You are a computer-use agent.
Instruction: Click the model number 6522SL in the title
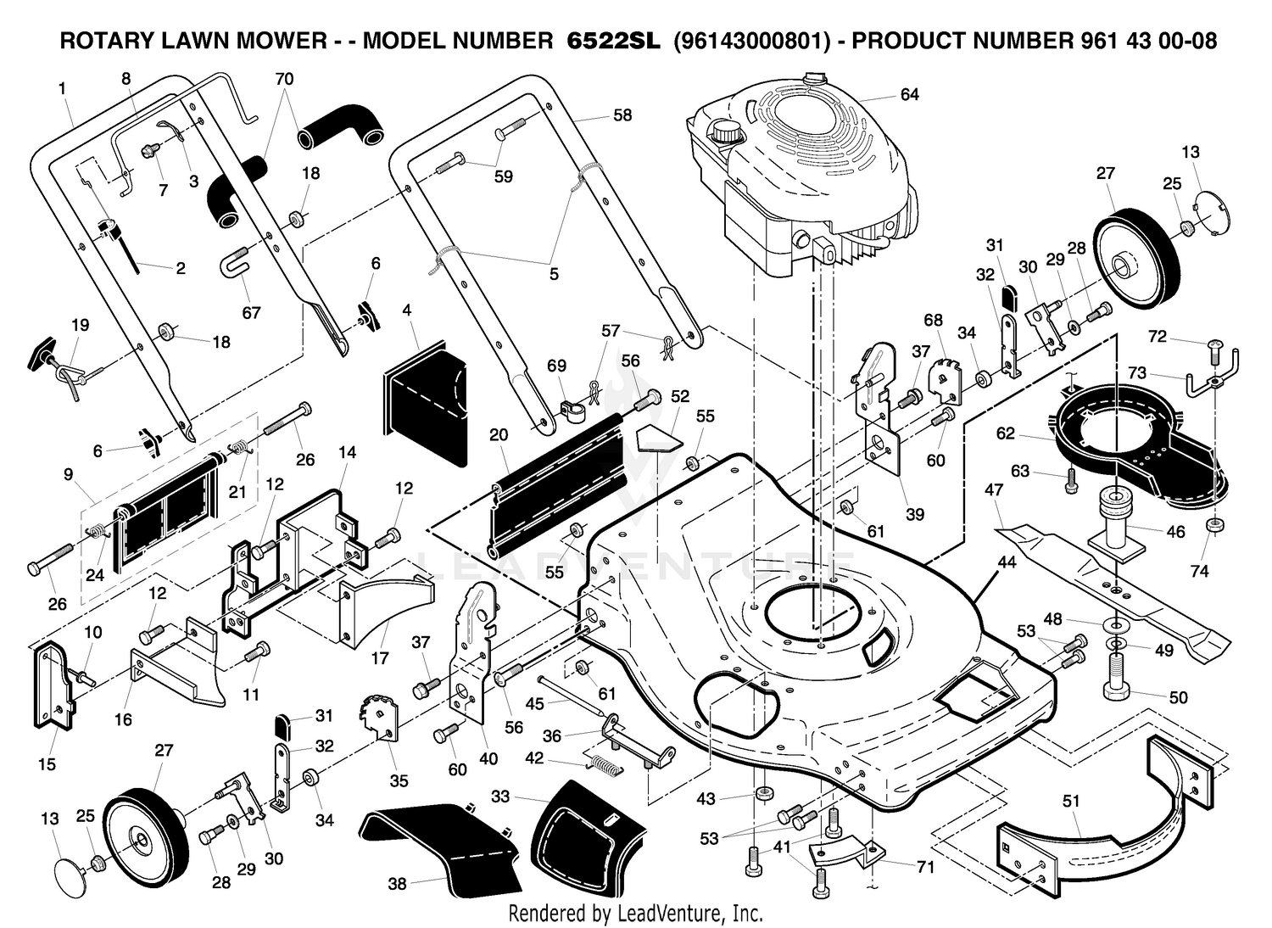coord(614,41)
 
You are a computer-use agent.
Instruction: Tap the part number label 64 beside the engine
coord(910,94)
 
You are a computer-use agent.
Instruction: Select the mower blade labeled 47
coord(1112,594)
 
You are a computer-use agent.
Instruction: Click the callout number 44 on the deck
coord(1007,562)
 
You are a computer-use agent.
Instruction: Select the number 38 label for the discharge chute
coord(397,884)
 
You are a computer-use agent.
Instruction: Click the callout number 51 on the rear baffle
coord(1070,801)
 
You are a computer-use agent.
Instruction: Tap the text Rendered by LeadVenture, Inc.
coord(635,914)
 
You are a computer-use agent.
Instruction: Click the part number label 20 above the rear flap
coord(499,435)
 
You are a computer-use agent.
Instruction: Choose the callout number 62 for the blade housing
coord(1005,433)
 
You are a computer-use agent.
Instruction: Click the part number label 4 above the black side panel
coord(406,310)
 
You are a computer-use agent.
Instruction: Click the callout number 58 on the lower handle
coord(622,115)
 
